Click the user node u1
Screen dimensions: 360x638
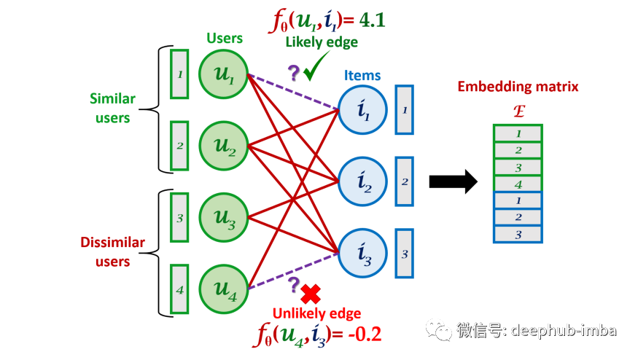[225, 74]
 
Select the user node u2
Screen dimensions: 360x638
[225, 145]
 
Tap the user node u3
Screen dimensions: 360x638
[225, 216]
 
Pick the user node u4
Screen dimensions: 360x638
[225, 289]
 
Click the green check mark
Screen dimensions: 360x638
[316, 71]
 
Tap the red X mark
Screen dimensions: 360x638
[311, 294]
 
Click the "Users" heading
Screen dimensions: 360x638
[225, 38]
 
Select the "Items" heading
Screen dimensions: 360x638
[362, 76]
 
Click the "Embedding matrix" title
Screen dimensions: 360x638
[518, 87]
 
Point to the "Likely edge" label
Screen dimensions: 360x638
[321, 42]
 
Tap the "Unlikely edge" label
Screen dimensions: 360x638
[316, 314]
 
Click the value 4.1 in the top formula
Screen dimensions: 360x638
[370, 20]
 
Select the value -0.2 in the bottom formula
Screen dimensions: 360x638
[362, 334]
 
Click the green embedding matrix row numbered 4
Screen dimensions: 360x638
[518, 184]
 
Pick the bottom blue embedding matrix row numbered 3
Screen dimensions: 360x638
[518, 234]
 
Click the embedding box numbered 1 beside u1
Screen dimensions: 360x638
[179, 74]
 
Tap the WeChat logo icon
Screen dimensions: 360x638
[439, 330]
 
